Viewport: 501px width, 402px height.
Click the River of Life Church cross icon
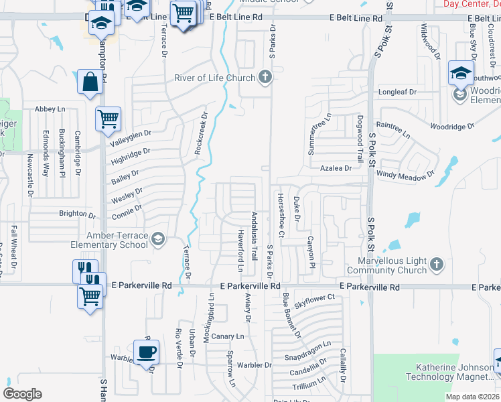tap(265, 78)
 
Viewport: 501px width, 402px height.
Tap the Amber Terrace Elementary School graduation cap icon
tap(157, 239)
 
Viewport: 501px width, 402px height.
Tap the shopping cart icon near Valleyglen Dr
tap(108, 119)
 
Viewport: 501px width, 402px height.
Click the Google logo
tap(22, 394)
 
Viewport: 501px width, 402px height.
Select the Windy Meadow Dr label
tap(406, 176)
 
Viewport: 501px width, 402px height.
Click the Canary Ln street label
tap(229, 336)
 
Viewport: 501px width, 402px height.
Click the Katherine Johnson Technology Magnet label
tap(456, 373)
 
